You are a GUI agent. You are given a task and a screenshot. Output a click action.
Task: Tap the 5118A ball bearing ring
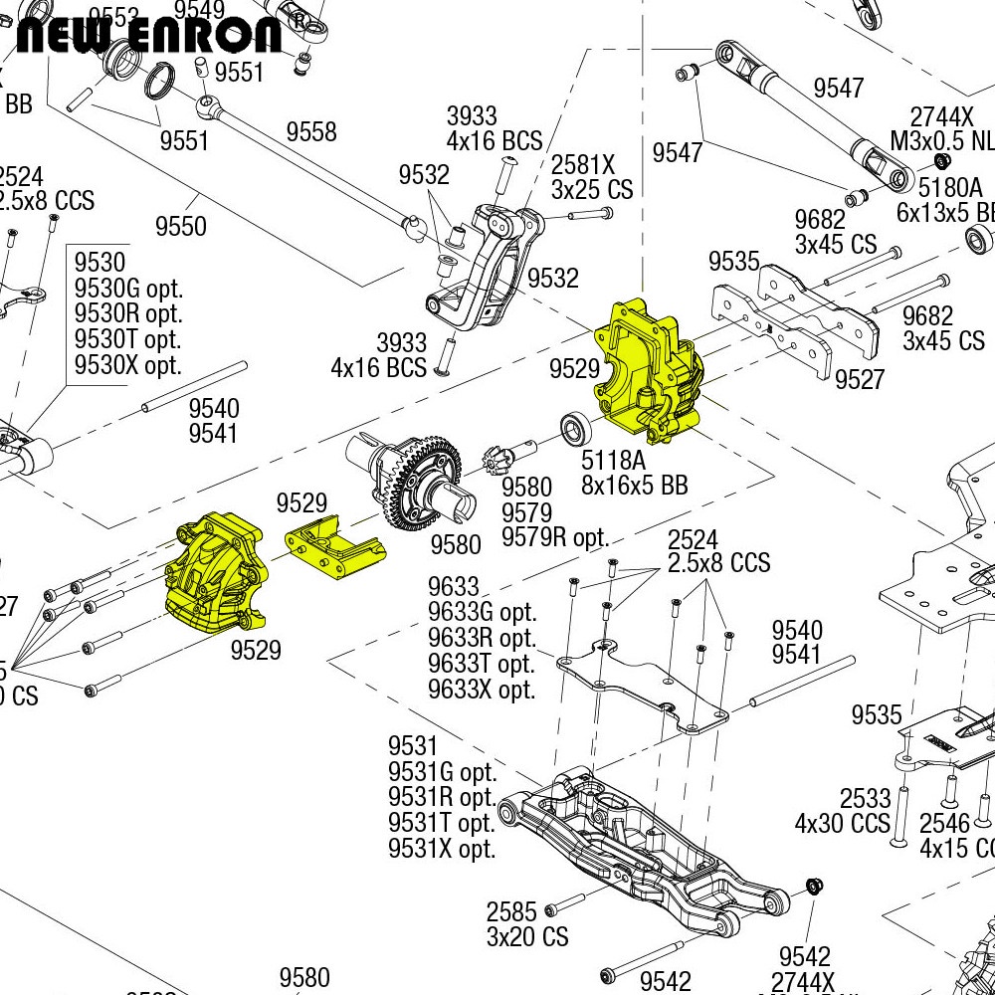(x=575, y=431)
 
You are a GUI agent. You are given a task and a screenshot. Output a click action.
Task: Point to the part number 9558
(x=311, y=132)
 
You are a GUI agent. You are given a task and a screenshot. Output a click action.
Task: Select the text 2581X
(x=584, y=164)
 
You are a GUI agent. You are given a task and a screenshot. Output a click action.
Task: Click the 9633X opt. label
(x=482, y=690)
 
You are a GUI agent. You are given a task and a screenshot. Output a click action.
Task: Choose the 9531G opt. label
(x=442, y=772)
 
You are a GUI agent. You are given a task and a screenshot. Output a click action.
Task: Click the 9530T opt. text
(x=127, y=339)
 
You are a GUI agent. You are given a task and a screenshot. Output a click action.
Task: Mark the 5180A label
(x=949, y=187)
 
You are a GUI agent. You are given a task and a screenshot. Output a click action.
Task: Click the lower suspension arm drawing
(x=637, y=846)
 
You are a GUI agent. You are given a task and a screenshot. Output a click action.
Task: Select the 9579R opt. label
(x=555, y=538)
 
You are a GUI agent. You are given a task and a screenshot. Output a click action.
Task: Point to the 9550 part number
(x=180, y=227)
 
